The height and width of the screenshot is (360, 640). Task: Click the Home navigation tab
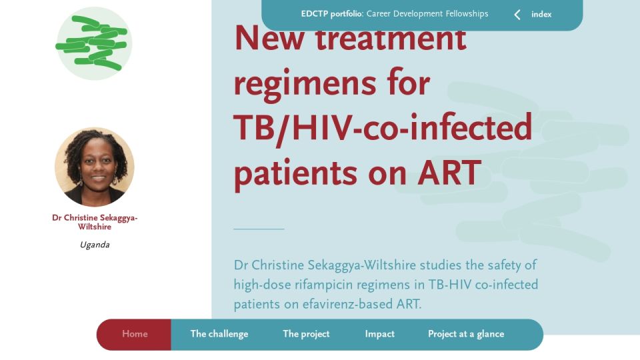point(135,334)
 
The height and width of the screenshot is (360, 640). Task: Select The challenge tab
point(219,334)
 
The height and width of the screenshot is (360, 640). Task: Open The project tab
point(306,334)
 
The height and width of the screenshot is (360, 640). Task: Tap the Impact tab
point(379,334)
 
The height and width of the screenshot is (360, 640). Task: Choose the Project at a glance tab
point(466,334)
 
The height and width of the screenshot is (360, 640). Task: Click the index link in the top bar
point(541,14)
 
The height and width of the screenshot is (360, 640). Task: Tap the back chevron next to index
point(517,15)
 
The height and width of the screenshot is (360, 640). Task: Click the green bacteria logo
point(94,43)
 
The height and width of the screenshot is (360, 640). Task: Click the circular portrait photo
point(94,167)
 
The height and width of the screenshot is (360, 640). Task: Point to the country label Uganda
point(95,245)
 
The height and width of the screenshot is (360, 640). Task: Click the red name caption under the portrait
point(95,222)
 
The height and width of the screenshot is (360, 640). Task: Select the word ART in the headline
point(449,173)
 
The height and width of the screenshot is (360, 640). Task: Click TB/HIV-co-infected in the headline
point(383,128)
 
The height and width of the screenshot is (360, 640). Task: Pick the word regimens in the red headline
point(305,85)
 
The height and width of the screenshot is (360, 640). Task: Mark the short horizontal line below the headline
point(259,229)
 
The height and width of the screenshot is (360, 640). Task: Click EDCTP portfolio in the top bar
point(331,14)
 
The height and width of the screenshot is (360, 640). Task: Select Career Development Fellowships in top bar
point(427,14)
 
